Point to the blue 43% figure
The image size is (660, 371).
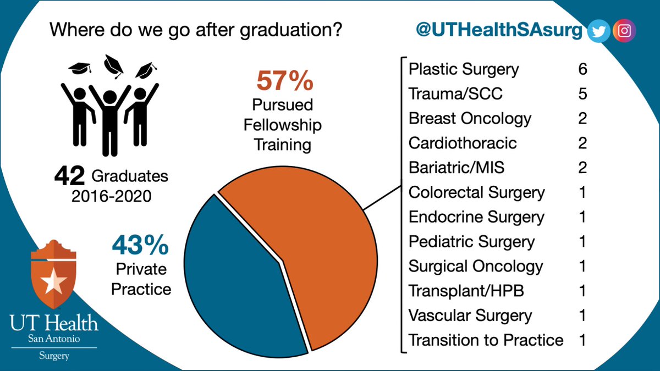click(x=140, y=246)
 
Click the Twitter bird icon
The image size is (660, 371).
click(x=598, y=31)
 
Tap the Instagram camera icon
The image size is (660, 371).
click(x=624, y=31)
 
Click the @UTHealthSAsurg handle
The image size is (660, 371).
click(x=498, y=31)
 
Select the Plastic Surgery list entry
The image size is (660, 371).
click(x=464, y=69)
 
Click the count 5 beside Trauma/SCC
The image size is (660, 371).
click(x=582, y=94)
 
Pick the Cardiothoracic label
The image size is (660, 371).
click(x=463, y=143)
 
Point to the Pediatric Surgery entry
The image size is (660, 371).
click(x=471, y=241)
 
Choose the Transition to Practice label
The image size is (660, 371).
click(x=486, y=340)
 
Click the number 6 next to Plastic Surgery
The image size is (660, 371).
click(x=582, y=69)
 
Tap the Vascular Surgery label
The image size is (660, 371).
click(x=470, y=315)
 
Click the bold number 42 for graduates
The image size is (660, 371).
click(x=69, y=176)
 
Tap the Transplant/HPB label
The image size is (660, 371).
click(x=466, y=291)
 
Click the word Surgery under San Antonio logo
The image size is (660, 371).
click(x=54, y=356)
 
